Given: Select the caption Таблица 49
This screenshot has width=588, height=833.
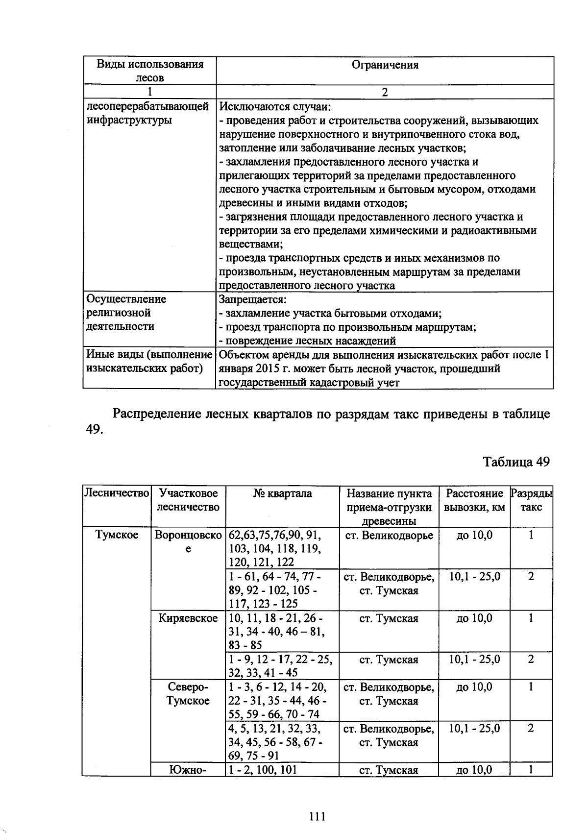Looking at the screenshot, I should tap(516, 462).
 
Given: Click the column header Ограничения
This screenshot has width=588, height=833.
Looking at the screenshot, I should tap(385, 65).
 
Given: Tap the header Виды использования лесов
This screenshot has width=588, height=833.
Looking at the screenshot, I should tap(149, 71).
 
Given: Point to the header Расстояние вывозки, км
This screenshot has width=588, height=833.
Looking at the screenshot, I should tap(474, 500).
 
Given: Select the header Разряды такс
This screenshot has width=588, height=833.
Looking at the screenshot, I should tap(531, 500).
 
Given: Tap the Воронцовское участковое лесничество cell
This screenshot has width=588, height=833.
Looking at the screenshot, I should tap(188, 542).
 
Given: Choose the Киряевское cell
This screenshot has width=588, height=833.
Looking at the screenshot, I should tap(188, 618).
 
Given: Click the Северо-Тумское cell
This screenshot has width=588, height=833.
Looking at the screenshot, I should tap(188, 694).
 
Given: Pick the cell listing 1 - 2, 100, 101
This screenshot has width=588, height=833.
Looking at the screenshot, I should tap(264, 770).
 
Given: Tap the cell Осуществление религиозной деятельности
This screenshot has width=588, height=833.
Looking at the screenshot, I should tap(126, 313).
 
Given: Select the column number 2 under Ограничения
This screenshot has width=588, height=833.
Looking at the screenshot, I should tap(385, 92).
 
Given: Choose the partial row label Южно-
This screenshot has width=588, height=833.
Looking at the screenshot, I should tap(188, 770).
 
